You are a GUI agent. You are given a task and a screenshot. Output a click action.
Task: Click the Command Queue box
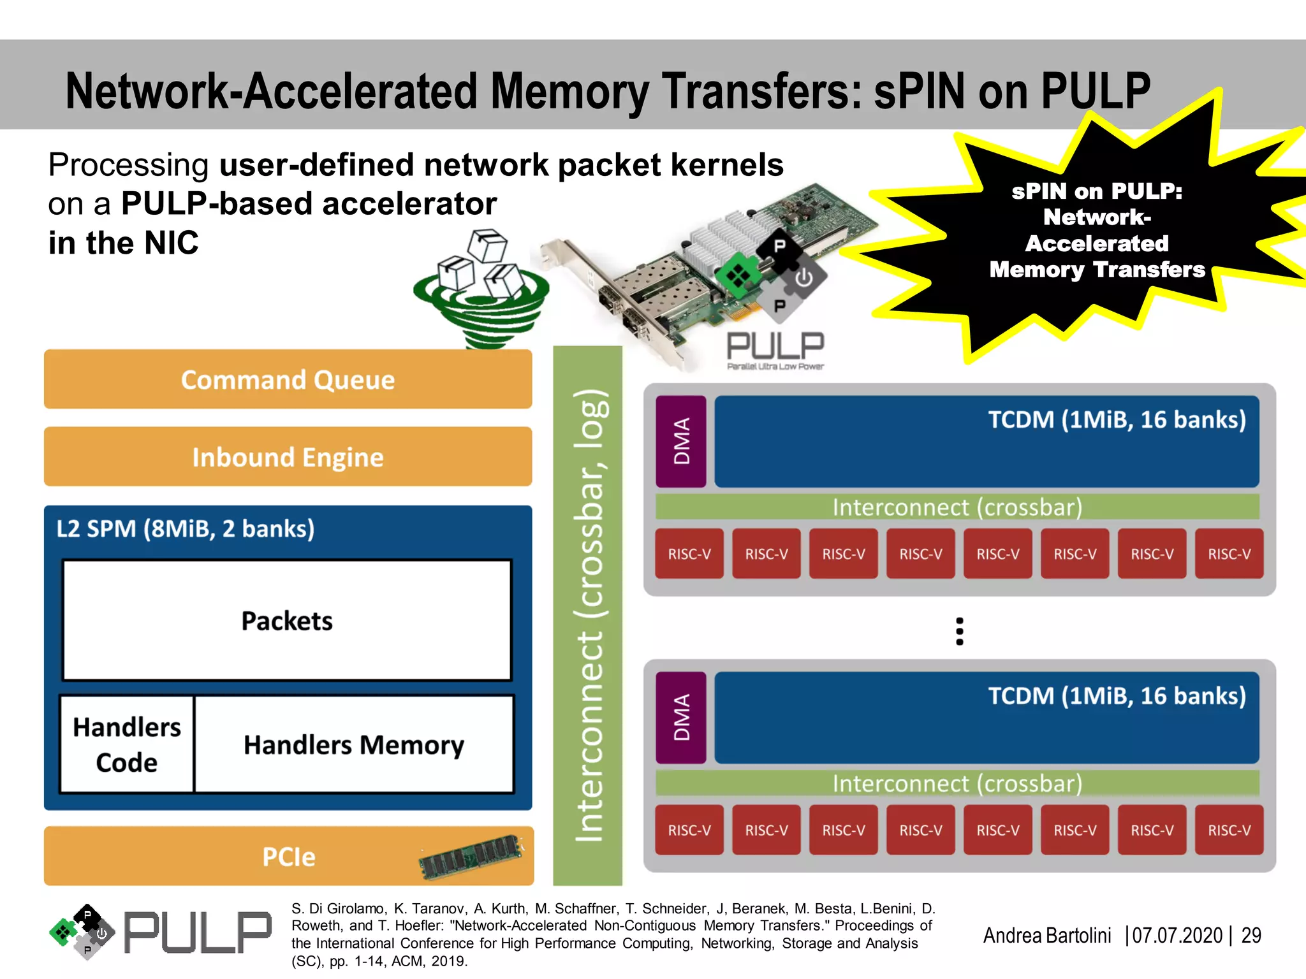(288, 379)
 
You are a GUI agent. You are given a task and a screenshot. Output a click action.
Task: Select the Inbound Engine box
(288, 457)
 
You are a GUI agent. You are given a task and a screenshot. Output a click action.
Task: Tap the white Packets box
(287, 620)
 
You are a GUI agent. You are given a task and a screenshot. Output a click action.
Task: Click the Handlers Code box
(127, 744)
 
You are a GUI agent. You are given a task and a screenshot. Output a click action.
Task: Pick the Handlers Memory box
(354, 744)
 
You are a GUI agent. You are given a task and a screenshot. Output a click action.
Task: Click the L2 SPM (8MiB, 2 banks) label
(186, 529)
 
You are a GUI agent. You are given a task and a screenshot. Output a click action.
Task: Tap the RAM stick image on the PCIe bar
(471, 856)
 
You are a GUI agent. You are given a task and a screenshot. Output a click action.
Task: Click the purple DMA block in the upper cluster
(681, 441)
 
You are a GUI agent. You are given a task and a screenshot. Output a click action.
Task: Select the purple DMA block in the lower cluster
(681, 717)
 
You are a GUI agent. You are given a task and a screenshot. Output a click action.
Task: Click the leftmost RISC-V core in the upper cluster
(689, 554)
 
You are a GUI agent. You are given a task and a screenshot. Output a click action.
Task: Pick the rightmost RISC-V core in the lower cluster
(1229, 830)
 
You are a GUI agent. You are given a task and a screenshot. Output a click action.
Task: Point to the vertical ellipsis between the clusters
(959, 631)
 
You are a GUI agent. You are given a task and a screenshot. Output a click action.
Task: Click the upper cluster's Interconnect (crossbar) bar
(957, 507)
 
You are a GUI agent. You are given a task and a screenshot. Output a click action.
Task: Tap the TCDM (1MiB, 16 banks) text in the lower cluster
(1117, 696)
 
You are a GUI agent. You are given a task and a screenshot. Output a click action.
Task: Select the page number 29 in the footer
(1251, 935)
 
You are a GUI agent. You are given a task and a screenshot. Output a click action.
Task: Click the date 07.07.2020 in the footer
(1177, 935)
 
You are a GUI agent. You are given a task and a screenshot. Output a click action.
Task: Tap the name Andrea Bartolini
(1046, 935)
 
